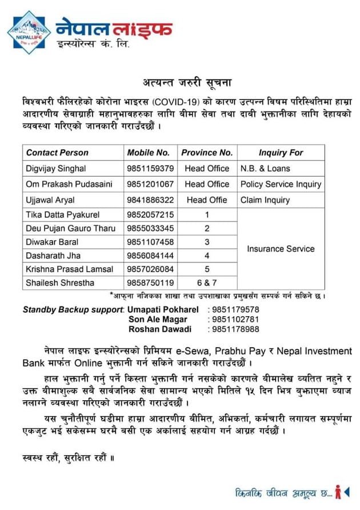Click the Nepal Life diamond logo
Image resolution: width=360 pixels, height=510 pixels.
(x=29, y=32)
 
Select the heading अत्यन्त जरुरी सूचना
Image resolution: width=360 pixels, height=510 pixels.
(x=179, y=82)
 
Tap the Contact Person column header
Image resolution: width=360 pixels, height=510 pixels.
(x=57, y=153)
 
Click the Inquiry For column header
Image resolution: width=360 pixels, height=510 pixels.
(x=281, y=153)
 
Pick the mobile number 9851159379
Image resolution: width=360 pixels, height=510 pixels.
(x=150, y=169)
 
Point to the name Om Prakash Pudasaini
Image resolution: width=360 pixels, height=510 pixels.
(x=69, y=184)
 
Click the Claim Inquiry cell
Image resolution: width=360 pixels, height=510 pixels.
(x=265, y=200)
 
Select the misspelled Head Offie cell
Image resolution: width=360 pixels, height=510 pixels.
(x=206, y=200)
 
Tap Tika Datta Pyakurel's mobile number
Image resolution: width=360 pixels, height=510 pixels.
(x=150, y=215)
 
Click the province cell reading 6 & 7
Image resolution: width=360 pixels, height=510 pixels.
(x=206, y=282)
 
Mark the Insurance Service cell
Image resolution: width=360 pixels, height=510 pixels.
(x=281, y=249)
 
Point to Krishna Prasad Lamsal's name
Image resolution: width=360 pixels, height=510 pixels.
(x=69, y=269)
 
